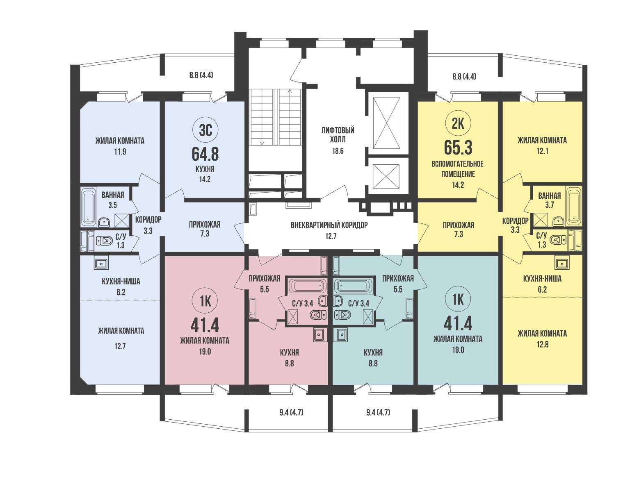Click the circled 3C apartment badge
205,130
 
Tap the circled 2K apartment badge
458,124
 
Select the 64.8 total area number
205,154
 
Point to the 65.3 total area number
458,148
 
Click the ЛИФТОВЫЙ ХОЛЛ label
338,135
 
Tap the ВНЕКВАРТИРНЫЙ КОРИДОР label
329,225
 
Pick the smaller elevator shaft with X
386,176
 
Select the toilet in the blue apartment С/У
105,241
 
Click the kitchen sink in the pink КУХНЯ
320,335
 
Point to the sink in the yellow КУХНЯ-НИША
562,264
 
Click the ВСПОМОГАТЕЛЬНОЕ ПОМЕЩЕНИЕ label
458,169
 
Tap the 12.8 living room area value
542,344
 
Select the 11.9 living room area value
120,152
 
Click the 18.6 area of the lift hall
338,151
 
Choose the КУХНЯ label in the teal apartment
373,352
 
